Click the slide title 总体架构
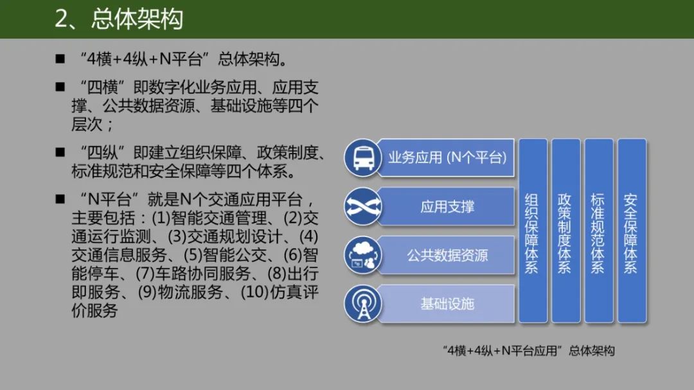[137, 19]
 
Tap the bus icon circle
[363, 157]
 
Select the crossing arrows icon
[363, 206]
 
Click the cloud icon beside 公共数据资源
[363, 255]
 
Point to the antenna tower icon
[363, 303]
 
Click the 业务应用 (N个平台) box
[447, 157]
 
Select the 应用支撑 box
[447, 206]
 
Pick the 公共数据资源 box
[447, 255]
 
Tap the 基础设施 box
[447, 303]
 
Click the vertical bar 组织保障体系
[532, 231]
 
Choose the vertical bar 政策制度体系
[565, 231]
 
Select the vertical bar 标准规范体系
[598, 231]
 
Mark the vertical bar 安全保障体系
[631, 231]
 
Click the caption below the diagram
[529, 351]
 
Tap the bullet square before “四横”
[60, 86]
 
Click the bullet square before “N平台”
[60, 197]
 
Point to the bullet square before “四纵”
[60, 152]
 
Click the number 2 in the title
[62, 19]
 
